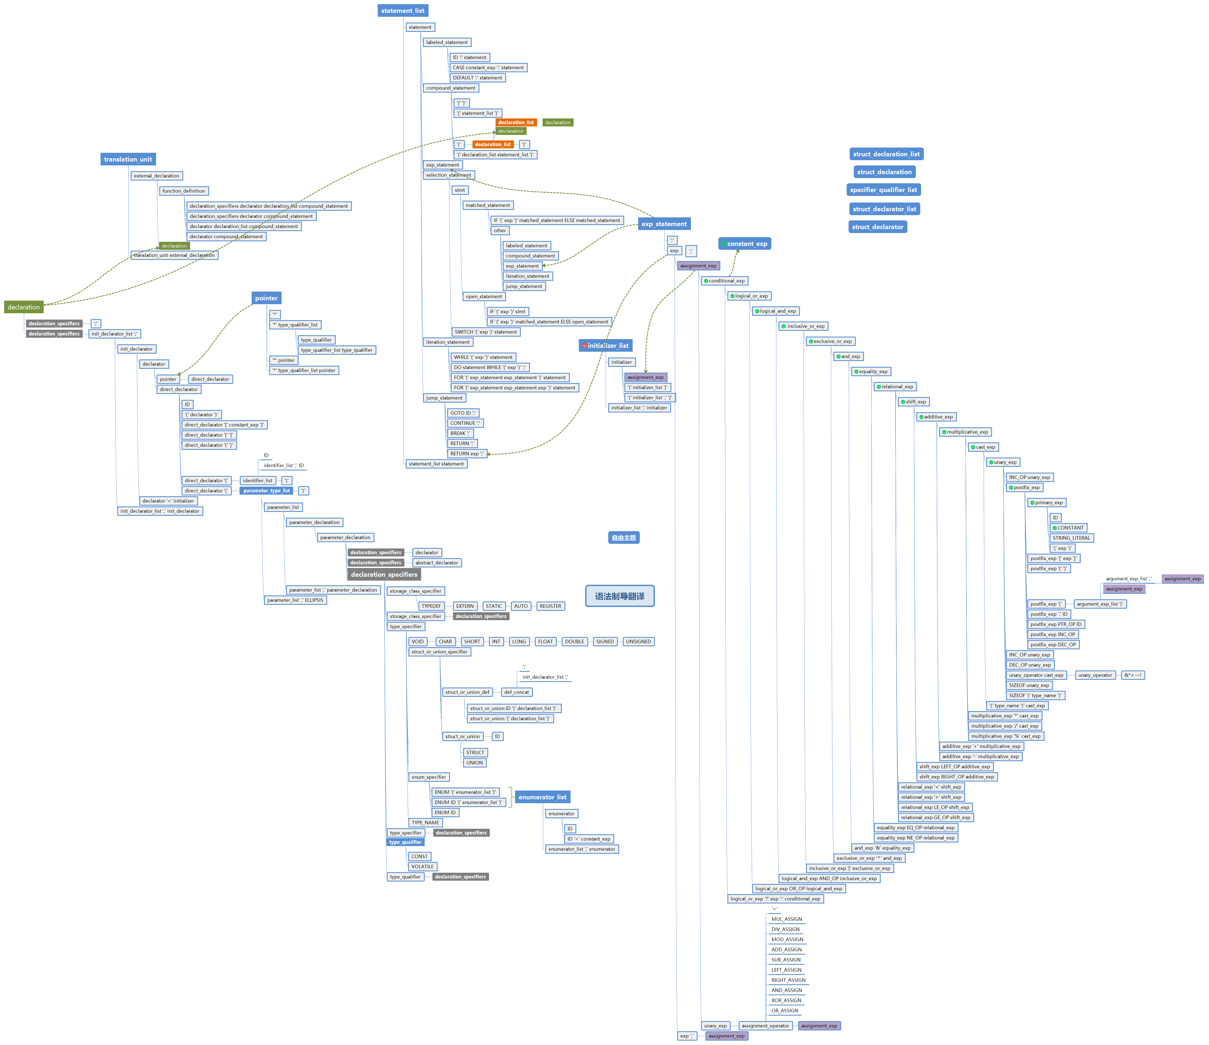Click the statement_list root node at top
pos(403,10)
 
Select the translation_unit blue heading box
pos(128,159)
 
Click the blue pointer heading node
pos(266,298)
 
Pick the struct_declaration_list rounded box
pos(886,154)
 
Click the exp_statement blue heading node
pos(664,224)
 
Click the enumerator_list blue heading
pos(542,797)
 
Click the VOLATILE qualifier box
pos(423,867)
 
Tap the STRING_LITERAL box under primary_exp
pos(1071,538)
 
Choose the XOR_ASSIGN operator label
pos(786,1001)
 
